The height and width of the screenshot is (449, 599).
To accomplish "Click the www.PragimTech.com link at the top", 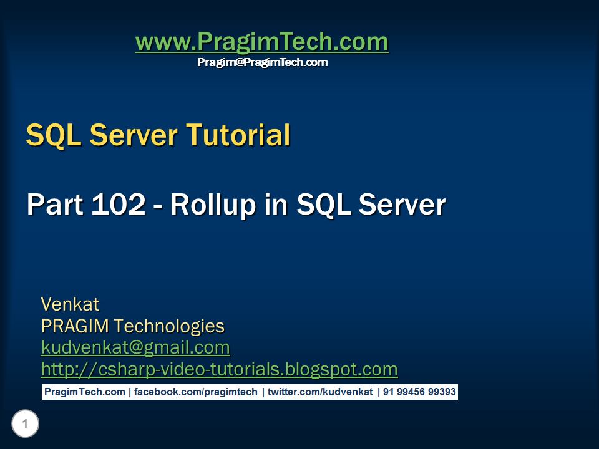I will point(261,42).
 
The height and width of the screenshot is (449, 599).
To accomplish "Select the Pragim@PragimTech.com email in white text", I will point(262,62).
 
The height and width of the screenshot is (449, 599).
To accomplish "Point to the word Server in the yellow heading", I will point(133,135).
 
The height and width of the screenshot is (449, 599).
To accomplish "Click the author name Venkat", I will point(70,304).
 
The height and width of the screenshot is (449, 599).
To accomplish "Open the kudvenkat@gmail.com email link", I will point(135,347).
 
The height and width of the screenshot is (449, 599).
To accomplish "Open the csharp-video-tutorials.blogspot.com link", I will point(219,369).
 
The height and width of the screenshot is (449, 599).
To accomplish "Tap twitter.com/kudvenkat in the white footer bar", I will point(320,392).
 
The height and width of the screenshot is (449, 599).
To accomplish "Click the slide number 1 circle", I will point(25,425).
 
